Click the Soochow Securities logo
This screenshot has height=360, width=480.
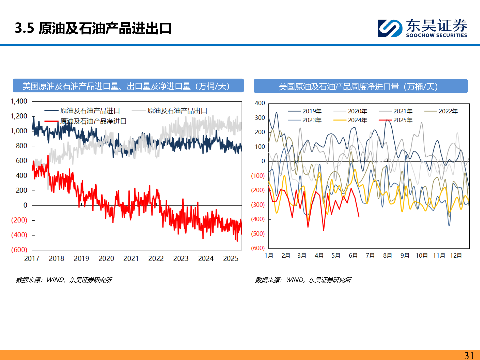[x=422, y=28]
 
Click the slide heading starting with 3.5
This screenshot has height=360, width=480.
[x=93, y=28]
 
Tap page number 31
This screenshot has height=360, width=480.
[x=469, y=355]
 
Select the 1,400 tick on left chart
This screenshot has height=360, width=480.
[x=19, y=101]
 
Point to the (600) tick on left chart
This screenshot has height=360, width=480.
[x=19, y=250]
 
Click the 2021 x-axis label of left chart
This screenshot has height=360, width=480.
[x=131, y=259]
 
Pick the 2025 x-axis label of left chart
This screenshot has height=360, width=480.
[x=231, y=259]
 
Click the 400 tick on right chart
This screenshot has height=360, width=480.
[x=260, y=103]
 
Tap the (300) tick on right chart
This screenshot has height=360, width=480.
[x=258, y=205]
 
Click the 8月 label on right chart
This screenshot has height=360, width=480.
[x=387, y=256]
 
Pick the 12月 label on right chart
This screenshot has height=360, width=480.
[x=456, y=256]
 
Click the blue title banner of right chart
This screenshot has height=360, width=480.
[x=360, y=86]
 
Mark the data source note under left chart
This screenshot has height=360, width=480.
[x=64, y=280]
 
